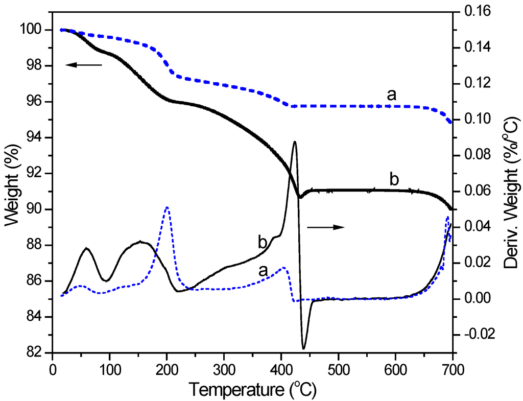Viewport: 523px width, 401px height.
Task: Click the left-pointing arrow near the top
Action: [84, 65]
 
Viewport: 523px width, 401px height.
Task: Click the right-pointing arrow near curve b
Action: [325, 227]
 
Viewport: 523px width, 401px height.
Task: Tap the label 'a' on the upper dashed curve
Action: [392, 95]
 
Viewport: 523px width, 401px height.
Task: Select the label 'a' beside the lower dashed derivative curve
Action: [264, 271]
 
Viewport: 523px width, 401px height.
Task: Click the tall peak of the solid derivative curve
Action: [294, 142]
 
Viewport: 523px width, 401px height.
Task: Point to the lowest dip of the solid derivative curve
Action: [304, 348]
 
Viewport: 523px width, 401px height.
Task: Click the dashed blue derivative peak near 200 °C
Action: [167, 207]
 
